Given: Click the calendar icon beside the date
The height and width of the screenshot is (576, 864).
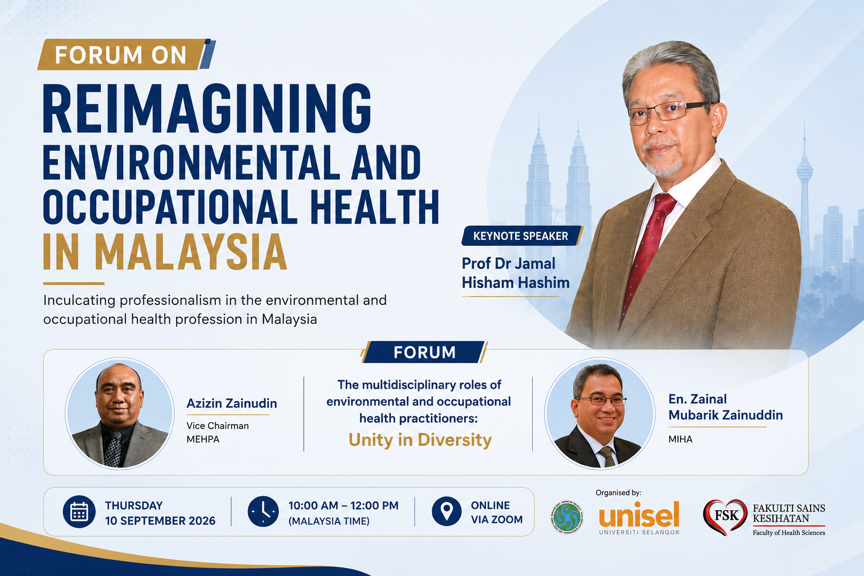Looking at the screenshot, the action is (x=79, y=511).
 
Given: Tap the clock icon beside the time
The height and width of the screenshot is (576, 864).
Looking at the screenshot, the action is (x=263, y=511).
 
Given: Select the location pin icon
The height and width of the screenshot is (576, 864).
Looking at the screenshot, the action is (x=446, y=511).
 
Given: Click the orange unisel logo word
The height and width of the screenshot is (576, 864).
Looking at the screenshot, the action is (x=639, y=514).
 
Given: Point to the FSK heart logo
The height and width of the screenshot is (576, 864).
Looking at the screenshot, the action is (x=724, y=517).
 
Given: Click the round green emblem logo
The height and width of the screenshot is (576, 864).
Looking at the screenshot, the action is (x=566, y=517).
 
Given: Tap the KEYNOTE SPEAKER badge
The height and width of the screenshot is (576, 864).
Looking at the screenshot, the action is (x=522, y=236).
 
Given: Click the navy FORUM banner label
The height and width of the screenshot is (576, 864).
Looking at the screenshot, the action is (x=424, y=352).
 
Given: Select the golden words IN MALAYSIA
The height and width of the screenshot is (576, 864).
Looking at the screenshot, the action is (x=165, y=253).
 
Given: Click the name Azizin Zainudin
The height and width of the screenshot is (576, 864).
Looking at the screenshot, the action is (x=231, y=403).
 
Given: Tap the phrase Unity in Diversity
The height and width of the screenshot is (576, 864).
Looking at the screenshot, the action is (x=420, y=440).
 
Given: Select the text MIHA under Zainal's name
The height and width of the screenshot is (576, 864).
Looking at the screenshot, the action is (x=681, y=439).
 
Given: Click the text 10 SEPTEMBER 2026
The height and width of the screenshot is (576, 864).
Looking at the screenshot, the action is (x=160, y=521).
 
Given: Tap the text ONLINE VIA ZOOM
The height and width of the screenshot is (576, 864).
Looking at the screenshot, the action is (x=497, y=512).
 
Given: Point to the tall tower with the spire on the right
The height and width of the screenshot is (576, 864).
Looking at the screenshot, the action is (x=804, y=193).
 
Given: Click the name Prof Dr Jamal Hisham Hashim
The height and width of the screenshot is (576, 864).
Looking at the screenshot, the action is (x=516, y=273).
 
